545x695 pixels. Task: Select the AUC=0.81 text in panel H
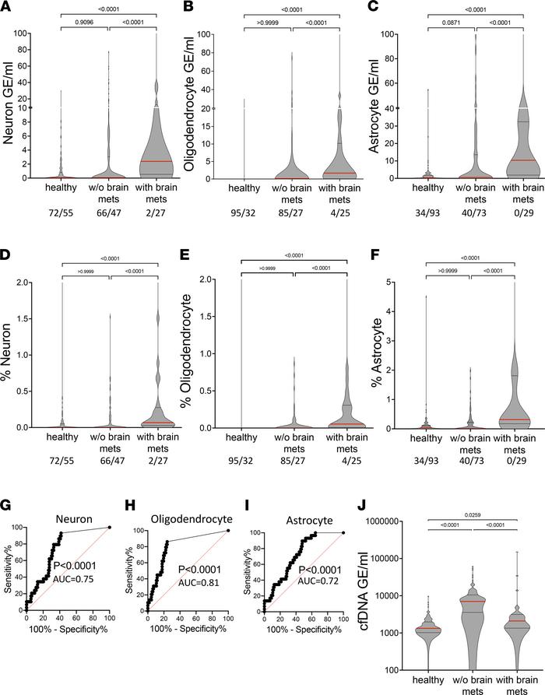[206, 598]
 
